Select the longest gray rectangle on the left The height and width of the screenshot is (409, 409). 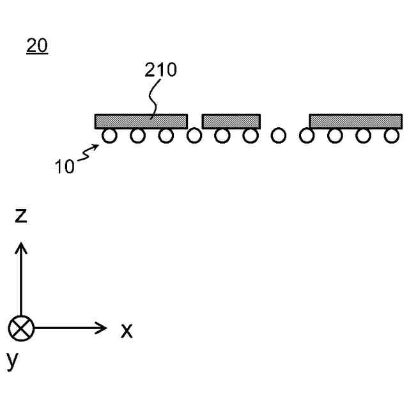click(141, 121)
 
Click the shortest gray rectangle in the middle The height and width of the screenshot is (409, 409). click(231, 121)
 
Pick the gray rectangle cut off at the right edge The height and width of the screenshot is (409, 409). click(356, 121)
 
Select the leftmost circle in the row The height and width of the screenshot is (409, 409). click(109, 135)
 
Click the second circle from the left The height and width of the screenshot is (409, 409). click(137, 135)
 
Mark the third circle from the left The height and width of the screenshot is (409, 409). click(166, 135)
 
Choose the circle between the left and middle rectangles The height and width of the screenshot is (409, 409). click(194, 135)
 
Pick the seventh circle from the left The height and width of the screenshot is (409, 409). click(279, 135)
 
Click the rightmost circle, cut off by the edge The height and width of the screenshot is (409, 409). click(390, 135)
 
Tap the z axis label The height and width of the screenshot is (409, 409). click(21, 216)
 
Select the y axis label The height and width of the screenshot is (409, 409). click(13, 362)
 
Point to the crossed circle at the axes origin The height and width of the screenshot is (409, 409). click(21, 329)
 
